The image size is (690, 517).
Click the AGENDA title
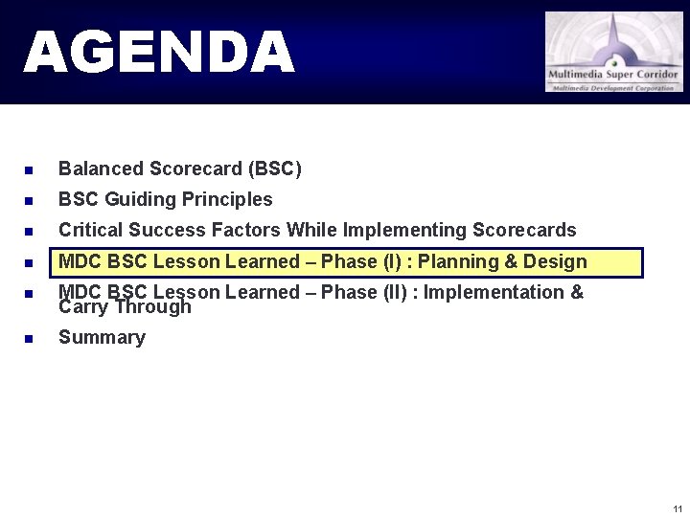tap(159, 52)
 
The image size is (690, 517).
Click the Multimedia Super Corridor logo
tap(614, 52)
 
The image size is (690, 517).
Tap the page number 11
tap(678, 508)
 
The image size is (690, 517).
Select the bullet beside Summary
tap(30, 338)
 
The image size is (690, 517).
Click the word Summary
tap(102, 337)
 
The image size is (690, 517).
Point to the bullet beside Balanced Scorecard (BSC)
tap(30, 170)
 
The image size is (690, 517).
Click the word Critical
tap(90, 230)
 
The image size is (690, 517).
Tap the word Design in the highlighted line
tap(555, 261)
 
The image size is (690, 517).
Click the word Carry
tap(83, 307)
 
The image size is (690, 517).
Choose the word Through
tap(152, 307)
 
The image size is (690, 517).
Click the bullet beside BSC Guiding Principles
tap(30, 201)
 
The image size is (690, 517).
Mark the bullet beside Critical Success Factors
tap(30, 232)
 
